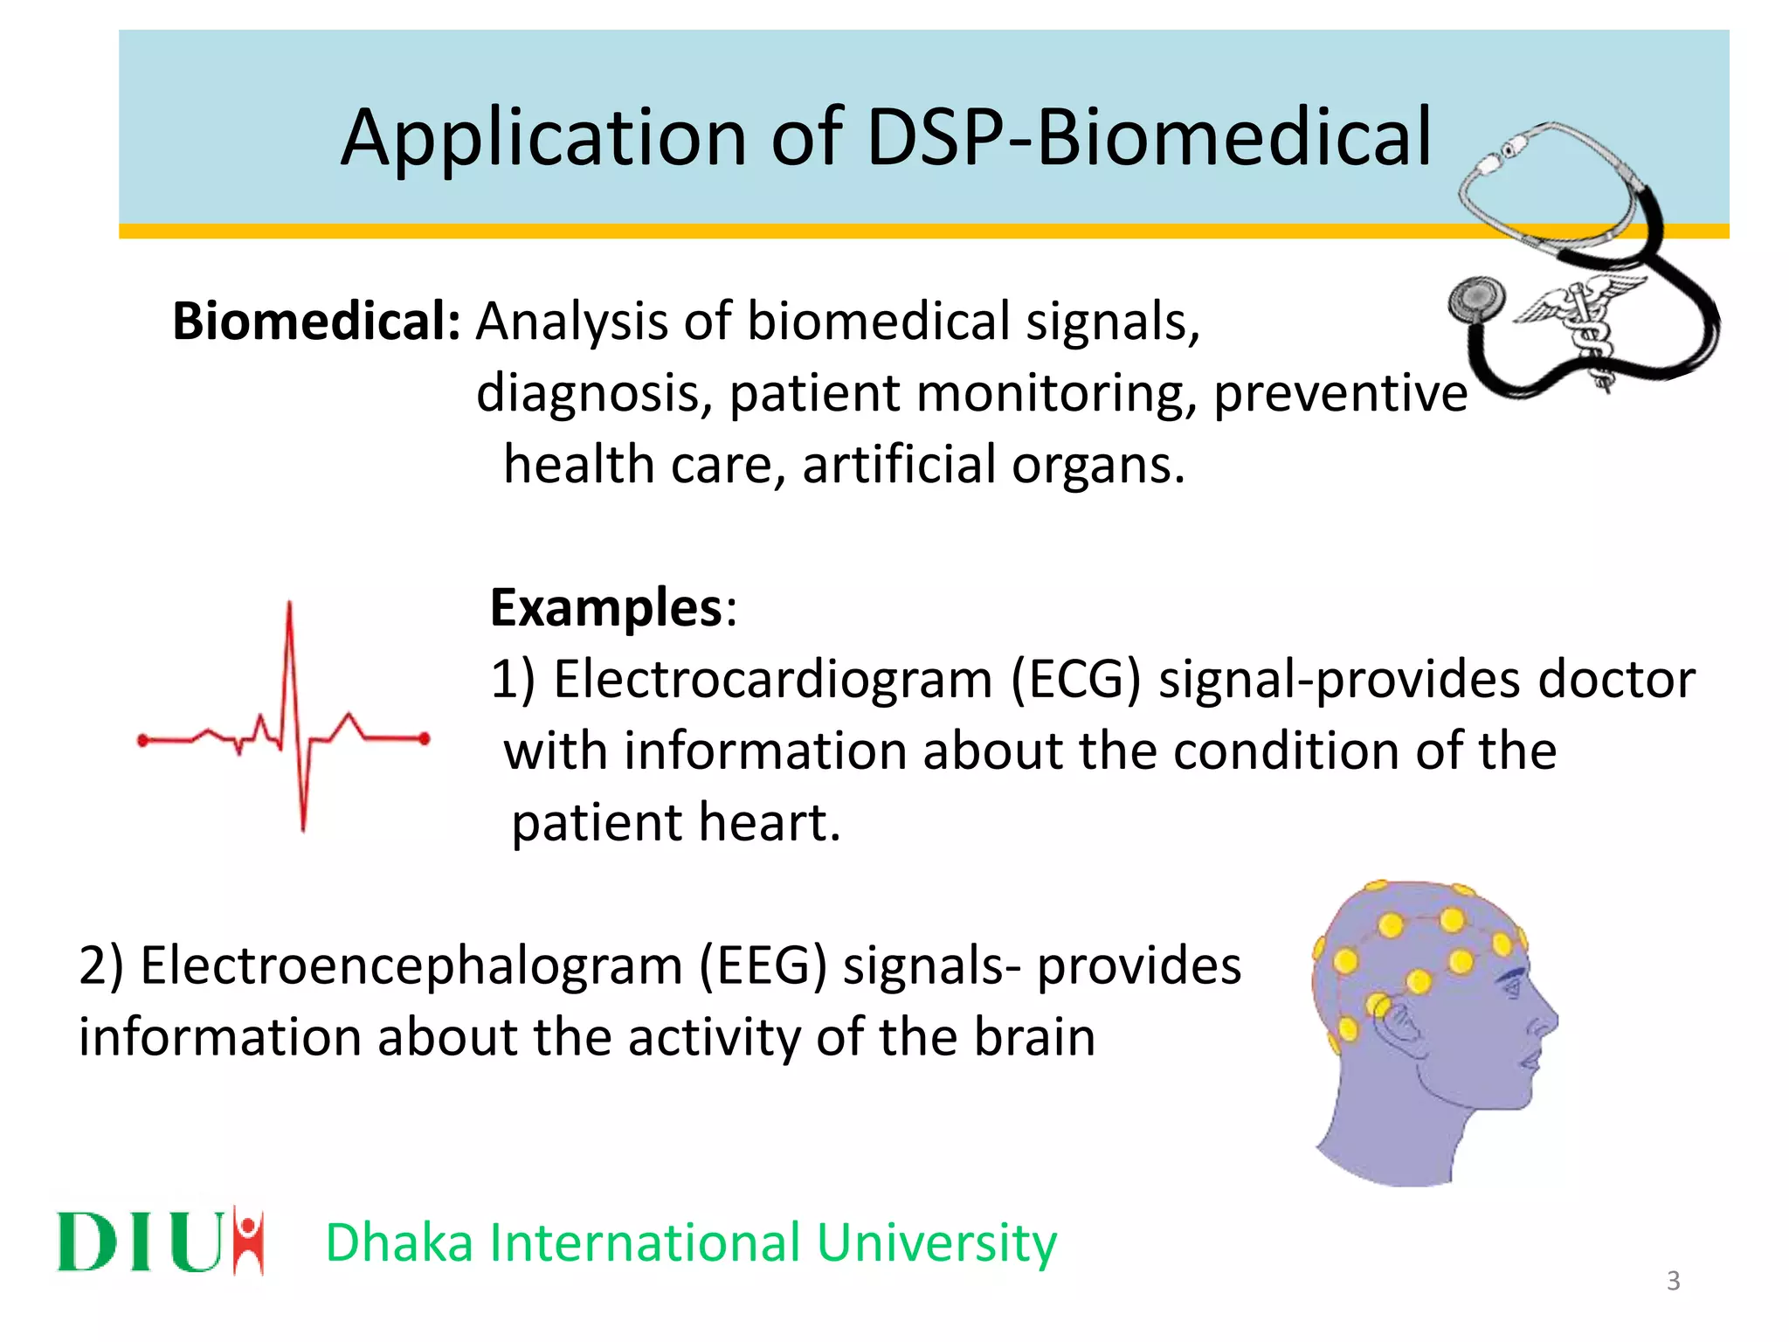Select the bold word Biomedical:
(x=316, y=322)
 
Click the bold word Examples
(x=606, y=607)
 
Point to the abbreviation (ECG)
(x=1076, y=680)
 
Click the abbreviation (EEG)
(x=763, y=966)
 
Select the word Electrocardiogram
(x=773, y=680)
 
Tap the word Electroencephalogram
(x=411, y=966)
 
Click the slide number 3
(x=1673, y=1281)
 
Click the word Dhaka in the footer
(x=399, y=1242)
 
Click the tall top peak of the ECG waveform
(x=289, y=608)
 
